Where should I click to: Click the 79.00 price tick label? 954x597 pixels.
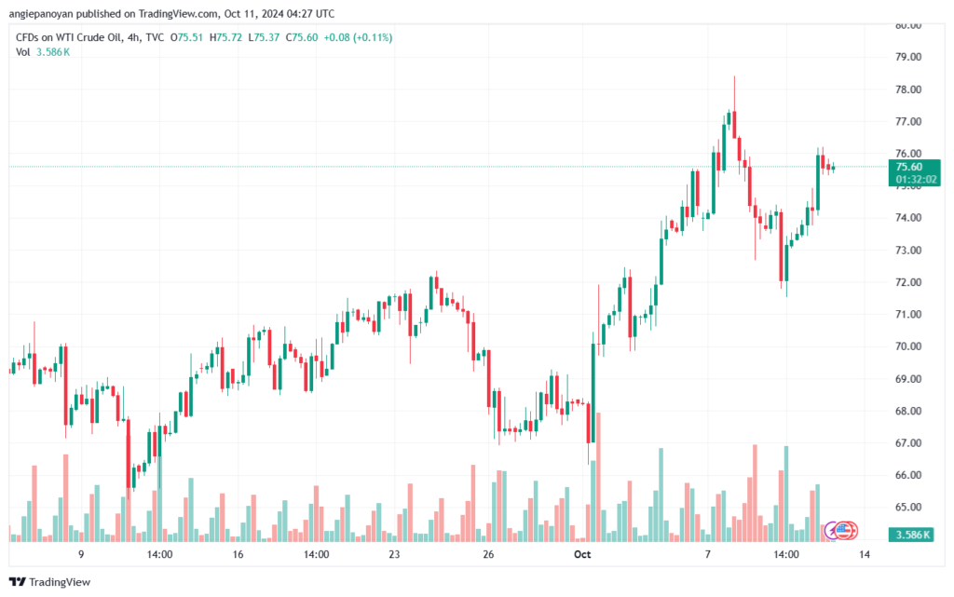point(909,57)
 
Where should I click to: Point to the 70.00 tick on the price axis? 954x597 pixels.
point(909,346)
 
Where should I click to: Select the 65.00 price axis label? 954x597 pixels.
point(909,508)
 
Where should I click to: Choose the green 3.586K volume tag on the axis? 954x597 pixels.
point(913,534)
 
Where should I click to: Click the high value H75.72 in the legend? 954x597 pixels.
point(225,37)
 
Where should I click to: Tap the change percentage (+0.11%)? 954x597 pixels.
point(371,37)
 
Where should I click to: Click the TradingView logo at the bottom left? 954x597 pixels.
point(48,582)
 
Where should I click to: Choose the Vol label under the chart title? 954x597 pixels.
point(23,52)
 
